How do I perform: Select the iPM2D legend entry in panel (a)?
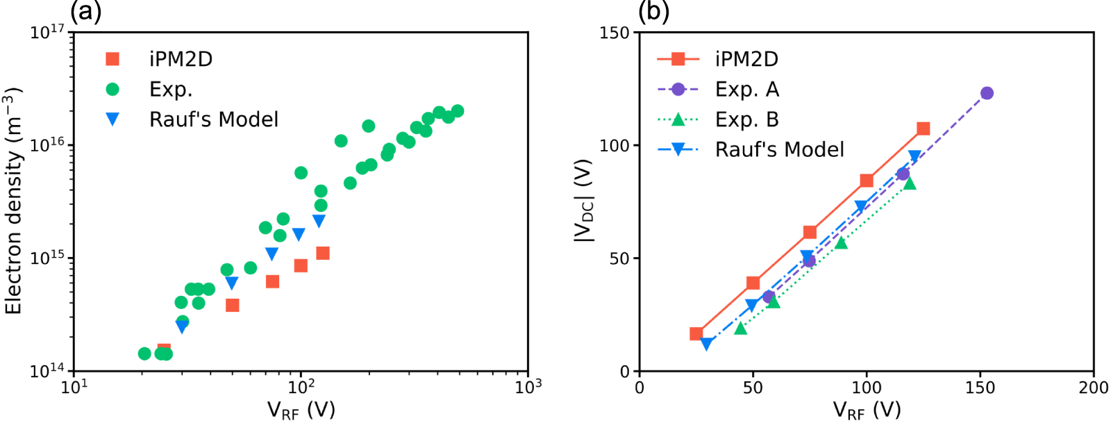click(x=181, y=59)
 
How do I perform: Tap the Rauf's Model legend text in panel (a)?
click(x=214, y=119)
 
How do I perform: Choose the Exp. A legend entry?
click(x=747, y=90)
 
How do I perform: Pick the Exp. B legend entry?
click(x=747, y=119)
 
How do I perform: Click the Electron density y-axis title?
click(x=13, y=201)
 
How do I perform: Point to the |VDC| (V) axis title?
click(x=583, y=201)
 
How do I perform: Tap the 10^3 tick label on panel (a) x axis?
click(x=528, y=387)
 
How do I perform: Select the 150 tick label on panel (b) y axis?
click(x=614, y=33)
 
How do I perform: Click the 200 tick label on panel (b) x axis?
click(x=1093, y=388)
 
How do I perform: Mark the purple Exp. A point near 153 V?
click(x=987, y=93)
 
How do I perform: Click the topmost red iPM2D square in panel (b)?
click(x=923, y=128)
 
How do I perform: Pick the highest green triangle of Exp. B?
click(x=910, y=183)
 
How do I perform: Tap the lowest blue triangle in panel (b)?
click(x=706, y=344)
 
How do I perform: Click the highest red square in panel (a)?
click(x=323, y=253)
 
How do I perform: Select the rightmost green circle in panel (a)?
click(x=458, y=111)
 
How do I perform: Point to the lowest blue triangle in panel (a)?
click(x=182, y=327)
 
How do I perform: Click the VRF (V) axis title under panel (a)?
click(x=301, y=410)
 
